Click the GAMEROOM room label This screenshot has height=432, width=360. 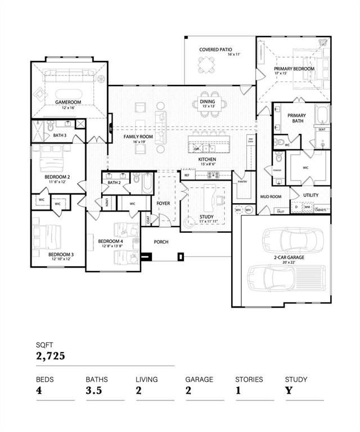tap(69, 102)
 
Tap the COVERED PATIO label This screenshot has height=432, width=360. tap(216, 49)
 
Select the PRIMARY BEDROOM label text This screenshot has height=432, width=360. tap(294, 69)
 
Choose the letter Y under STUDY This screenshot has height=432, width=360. tap(288, 390)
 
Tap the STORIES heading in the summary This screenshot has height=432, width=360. tap(249, 379)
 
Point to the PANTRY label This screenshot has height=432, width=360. tap(243, 182)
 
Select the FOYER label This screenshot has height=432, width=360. tap(163, 203)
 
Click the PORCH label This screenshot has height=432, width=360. tap(161, 242)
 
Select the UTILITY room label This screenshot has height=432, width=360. tap(310, 195)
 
